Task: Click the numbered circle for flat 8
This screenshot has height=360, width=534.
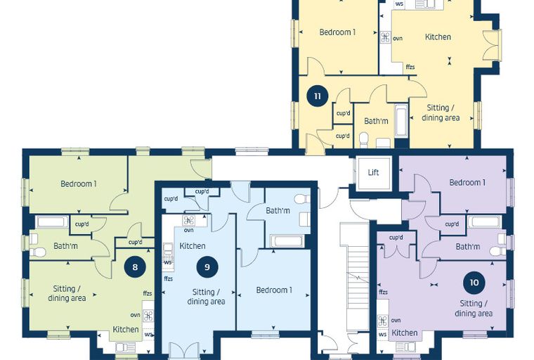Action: click(x=135, y=266)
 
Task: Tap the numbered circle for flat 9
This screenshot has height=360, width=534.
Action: click(x=207, y=266)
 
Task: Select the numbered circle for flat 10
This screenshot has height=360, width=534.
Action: click(x=474, y=282)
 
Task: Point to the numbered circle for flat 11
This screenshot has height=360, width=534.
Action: click(x=318, y=96)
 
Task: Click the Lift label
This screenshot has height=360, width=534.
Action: click(x=373, y=172)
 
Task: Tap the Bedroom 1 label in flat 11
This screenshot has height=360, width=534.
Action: click(x=337, y=32)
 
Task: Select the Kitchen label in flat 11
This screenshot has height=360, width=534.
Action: click(x=438, y=37)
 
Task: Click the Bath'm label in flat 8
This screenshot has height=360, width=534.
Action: click(x=66, y=246)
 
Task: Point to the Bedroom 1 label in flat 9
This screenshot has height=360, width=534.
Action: click(x=274, y=290)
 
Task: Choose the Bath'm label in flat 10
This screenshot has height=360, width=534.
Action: click(x=468, y=247)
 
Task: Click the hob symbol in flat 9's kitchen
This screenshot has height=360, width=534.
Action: click(x=189, y=221)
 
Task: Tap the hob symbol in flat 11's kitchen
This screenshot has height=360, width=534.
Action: click(x=385, y=37)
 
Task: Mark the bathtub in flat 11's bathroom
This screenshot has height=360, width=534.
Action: click(x=401, y=121)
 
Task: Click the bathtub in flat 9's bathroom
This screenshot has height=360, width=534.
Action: click(x=286, y=241)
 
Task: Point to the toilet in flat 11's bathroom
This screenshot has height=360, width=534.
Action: click(x=364, y=140)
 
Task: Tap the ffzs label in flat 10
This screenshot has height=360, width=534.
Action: click(x=383, y=292)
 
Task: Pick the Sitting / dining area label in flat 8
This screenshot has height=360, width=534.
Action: click(x=67, y=293)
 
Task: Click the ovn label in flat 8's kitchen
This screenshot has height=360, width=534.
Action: click(x=135, y=315)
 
